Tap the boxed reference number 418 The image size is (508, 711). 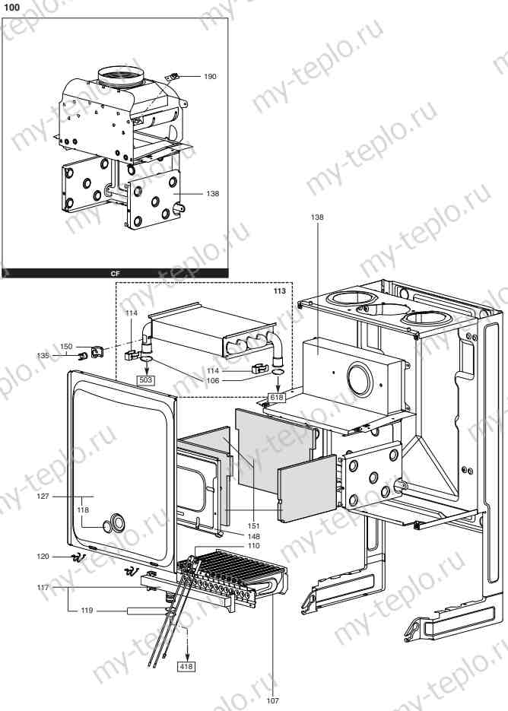click(186, 666)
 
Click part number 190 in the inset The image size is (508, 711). click(210, 77)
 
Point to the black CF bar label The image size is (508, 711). click(115, 271)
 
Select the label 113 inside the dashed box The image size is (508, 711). click(281, 290)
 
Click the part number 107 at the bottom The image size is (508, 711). click(272, 700)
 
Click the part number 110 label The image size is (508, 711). click(252, 546)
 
